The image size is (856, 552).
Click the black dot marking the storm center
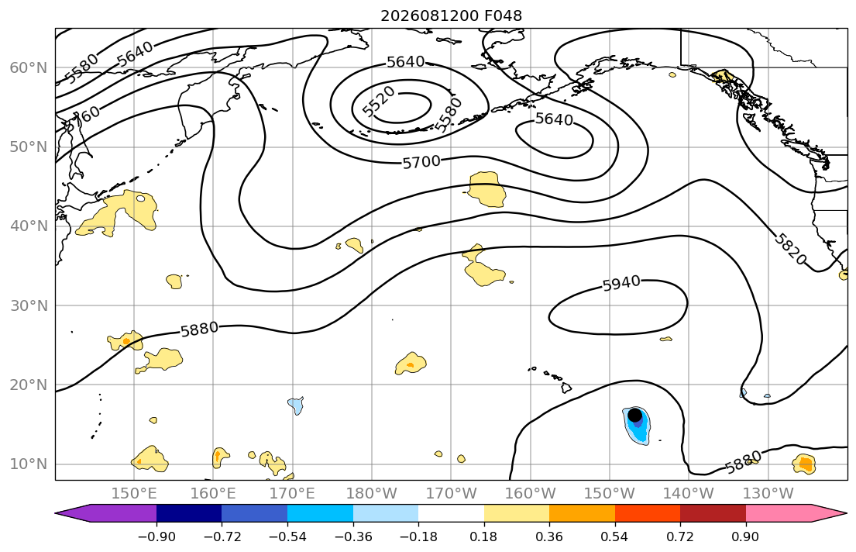pos(634,415)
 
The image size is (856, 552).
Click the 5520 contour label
pos(379,101)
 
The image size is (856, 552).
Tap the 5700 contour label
pos(421,162)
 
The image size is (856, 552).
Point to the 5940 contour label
pos(621,283)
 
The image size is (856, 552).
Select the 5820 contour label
pos(790,249)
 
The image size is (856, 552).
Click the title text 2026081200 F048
pos(451,16)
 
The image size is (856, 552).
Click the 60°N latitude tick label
pos(29,67)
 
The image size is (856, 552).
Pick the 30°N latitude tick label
pos(29,305)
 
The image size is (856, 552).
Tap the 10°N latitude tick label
pos(29,464)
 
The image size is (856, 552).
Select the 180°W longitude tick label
pos(372,494)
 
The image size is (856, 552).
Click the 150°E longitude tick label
pos(134,494)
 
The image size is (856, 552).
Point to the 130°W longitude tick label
pos(768,494)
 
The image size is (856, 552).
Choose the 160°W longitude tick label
pos(531,494)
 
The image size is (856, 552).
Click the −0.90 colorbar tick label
pos(156,536)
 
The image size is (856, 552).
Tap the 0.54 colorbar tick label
pos(615,536)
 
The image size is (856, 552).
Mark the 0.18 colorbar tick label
pos(483,536)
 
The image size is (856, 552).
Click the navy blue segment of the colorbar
pos(189,513)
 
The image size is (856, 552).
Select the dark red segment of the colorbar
pos(713,513)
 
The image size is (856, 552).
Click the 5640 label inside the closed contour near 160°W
pos(554,119)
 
